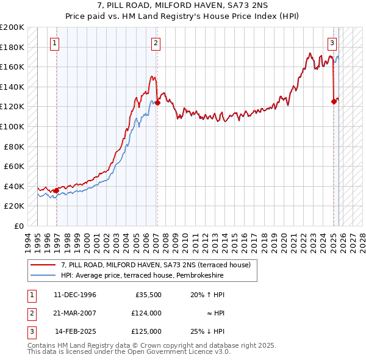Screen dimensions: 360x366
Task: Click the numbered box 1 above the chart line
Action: point(55,43)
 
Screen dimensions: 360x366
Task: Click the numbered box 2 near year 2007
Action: point(156,43)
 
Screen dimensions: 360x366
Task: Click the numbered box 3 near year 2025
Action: point(332,43)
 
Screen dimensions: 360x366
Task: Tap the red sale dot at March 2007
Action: point(157,103)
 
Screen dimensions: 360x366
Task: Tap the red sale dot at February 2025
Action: point(334,102)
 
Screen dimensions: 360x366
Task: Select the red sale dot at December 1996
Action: point(57,190)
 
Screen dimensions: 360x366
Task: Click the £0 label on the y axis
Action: point(18,226)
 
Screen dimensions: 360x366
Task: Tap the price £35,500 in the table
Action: point(148,295)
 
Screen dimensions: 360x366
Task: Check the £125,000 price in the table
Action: point(146,331)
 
